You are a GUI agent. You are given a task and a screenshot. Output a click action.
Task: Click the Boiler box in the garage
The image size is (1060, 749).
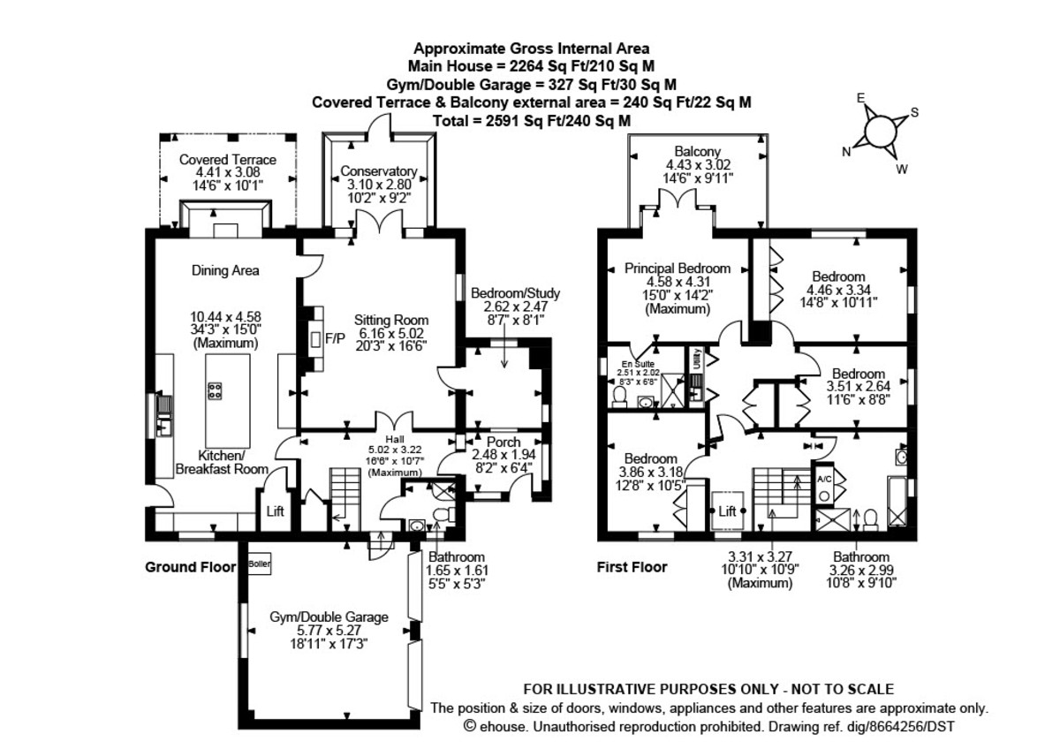coord(260,564)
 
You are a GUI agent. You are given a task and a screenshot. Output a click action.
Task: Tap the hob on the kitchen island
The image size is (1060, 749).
coord(215,390)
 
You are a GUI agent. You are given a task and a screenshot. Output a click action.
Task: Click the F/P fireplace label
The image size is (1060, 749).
coord(335,338)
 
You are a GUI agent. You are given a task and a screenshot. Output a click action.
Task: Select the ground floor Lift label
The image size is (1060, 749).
coord(275,511)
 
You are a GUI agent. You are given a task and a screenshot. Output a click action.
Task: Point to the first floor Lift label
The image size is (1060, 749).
coord(727,511)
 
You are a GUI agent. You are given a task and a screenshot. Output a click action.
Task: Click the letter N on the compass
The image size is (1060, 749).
coord(846,151)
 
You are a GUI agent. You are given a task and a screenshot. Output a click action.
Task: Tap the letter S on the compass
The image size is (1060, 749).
coord(915,112)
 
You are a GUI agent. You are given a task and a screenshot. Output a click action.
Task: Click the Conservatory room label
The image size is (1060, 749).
coord(379,171)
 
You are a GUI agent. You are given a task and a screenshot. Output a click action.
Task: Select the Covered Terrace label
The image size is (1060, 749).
coord(228,160)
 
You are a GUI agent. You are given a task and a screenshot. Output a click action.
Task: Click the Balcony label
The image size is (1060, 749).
coord(698,151)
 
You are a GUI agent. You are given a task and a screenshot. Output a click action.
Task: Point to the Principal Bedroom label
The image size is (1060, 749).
coord(678,269)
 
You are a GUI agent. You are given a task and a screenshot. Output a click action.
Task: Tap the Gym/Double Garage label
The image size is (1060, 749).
coord(329,617)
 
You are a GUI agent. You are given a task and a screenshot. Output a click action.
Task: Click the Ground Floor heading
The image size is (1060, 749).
coord(190,567)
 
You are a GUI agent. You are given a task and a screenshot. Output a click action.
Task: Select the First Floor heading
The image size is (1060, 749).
coord(632,567)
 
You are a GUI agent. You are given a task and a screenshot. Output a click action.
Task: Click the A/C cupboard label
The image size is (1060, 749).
coord(824,480)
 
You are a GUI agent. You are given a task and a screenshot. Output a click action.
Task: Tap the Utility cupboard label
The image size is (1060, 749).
coord(698,358)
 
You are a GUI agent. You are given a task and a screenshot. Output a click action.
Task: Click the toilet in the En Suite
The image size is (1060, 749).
coord(619,397)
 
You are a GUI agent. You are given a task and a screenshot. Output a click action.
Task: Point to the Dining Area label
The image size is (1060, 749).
coord(225,270)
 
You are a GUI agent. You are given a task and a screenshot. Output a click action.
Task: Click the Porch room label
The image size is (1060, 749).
coord(503,442)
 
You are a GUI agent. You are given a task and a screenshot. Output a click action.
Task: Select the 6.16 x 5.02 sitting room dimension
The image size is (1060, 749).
coord(390,333)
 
